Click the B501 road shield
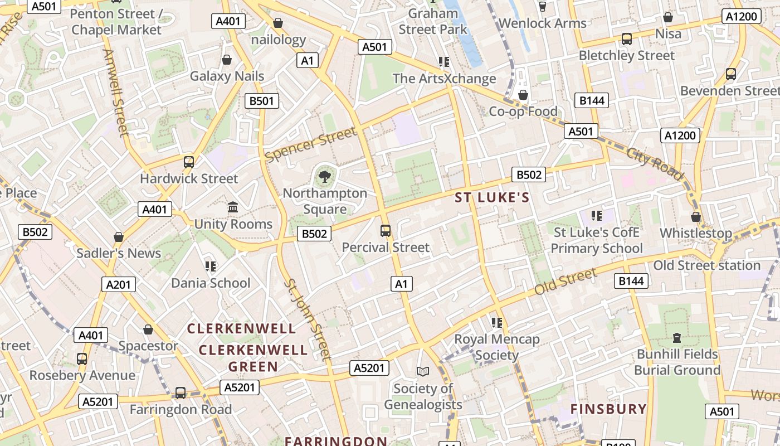[x=261, y=101]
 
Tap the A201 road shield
[x=119, y=285]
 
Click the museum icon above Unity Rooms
[x=233, y=207]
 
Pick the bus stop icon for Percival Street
[x=385, y=230]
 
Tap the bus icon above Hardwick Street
[x=189, y=162]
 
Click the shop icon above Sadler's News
[x=118, y=237]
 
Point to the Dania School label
[x=211, y=283]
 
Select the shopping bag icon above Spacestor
[x=148, y=329]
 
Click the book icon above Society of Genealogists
[x=423, y=371]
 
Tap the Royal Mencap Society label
[x=497, y=347]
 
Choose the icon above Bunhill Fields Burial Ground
[x=677, y=337]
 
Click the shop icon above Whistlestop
[x=695, y=216]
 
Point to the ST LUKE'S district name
[x=492, y=197]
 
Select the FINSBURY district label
[x=608, y=409]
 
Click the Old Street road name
[x=565, y=282]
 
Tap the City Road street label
[x=655, y=163]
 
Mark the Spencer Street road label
[x=310, y=145]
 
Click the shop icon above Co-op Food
[x=523, y=95]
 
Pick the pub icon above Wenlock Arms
[x=543, y=7]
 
